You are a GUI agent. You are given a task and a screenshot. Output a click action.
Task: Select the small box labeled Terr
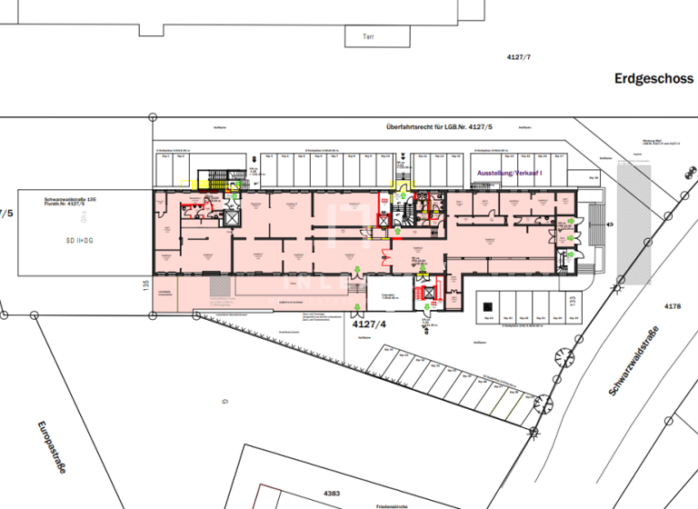(x=368, y=36)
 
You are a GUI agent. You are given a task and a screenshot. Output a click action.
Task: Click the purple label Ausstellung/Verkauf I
(x=510, y=172)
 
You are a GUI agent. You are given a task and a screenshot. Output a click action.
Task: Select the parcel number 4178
(x=672, y=307)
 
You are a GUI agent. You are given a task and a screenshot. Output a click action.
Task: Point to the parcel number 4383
(x=332, y=493)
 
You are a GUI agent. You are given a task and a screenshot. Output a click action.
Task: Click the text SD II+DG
(x=79, y=244)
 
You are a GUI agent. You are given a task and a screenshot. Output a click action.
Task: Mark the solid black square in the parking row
(x=488, y=305)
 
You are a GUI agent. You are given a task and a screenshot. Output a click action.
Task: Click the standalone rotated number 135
(x=145, y=285)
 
